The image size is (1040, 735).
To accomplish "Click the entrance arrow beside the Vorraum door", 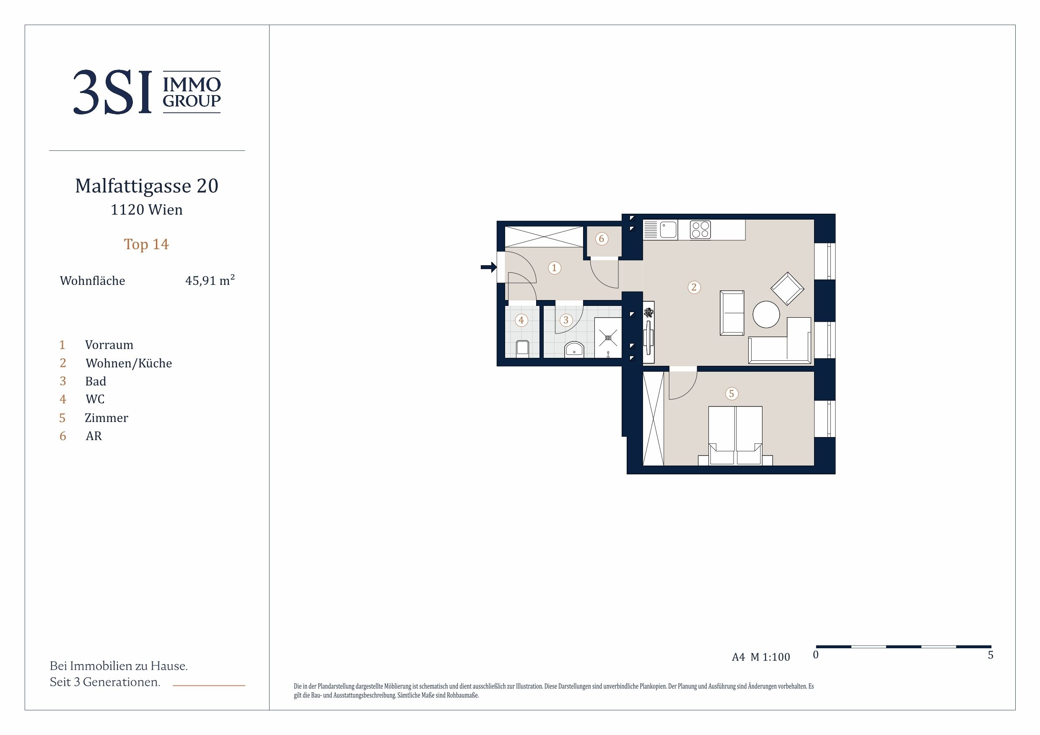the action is [x=489, y=267].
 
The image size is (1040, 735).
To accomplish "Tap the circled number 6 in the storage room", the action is [x=602, y=239].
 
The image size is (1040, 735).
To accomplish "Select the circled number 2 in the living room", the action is [x=694, y=287].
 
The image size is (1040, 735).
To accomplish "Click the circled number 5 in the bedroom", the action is [x=731, y=393].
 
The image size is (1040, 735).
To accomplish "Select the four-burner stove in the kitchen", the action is [x=700, y=230].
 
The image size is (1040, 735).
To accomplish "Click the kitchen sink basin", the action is [x=668, y=230].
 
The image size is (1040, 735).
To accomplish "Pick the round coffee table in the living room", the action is [x=766, y=314].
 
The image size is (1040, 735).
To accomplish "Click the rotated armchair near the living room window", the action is [x=787, y=288].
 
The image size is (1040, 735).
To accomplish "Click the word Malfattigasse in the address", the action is [x=133, y=186].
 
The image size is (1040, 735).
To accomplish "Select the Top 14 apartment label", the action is [x=146, y=244].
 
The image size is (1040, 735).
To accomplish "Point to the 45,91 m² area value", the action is [x=210, y=280].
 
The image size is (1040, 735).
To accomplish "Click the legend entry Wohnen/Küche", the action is [x=129, y=363].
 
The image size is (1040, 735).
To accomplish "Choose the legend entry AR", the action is [x=94, y=436].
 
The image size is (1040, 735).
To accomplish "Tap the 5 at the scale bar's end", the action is [x=991, y=655].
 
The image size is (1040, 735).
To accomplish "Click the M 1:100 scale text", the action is [x=770, y=657].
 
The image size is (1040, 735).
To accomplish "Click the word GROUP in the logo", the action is [x=192, y=101].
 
